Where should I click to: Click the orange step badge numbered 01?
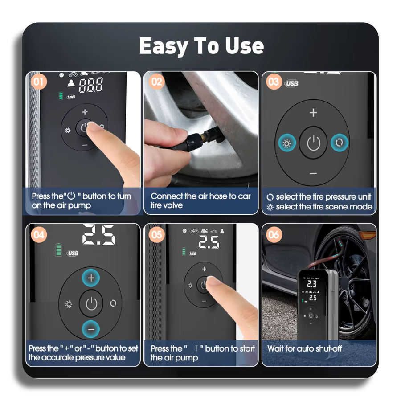click(39, 82)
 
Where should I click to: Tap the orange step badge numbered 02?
click(156, 82)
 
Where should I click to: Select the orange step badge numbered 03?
click(274, 82)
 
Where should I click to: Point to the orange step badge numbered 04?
click(39, 235)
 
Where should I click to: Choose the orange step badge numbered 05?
click(156, 235)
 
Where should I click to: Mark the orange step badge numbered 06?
click(274, 235)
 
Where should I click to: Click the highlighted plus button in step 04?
click(91, 278)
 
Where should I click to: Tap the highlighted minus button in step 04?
click(91, 329)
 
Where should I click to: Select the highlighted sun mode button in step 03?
click(287, 143)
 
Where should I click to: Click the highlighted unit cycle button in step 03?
click(340, 143)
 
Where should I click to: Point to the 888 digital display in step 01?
click(91, 85)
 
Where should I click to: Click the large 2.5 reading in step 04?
click(99, 234)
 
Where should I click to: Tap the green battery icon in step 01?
click(61, 96)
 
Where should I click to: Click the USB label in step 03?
click(291, 83)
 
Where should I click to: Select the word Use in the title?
click(245, 46)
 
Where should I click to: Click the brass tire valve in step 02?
click(204, 136)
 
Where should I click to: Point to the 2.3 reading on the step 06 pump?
click(312, 284)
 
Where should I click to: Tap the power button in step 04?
click(91, 303)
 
